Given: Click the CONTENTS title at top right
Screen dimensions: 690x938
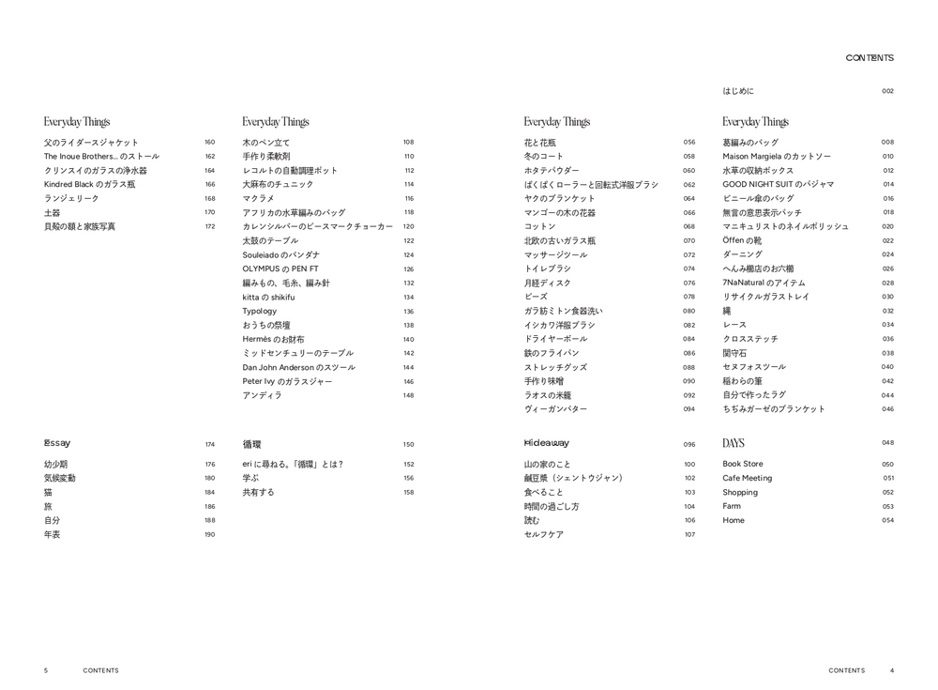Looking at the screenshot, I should (x=870, y=58).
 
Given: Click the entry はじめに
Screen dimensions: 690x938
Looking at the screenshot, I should (x=738, y=91).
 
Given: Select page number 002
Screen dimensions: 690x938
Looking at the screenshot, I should (x=887, y=91).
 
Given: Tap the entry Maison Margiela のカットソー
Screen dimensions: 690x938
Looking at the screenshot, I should (x=777, y=157).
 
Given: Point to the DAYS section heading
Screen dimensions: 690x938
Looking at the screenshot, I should (x=734, y=443).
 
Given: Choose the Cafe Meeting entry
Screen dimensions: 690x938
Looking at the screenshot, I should (x=748, y=478).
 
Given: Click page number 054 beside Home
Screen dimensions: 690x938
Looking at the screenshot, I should (x=887, y=520).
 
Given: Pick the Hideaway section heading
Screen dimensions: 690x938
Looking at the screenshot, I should (x=547, y=443).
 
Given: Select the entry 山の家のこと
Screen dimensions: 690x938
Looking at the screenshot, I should (x=547, y=464).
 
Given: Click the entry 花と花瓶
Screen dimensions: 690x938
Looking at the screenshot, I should (x=540, y=143).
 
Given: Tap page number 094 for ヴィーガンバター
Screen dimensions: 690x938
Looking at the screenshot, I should (x=689, y=409).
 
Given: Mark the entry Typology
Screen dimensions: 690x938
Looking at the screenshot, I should (x=260, y=311).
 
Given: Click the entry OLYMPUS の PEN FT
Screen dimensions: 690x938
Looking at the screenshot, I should (x=280, y=268).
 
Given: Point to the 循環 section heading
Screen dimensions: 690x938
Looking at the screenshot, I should (x=252, y=444).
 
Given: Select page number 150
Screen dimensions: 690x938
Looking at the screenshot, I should (x=408, y=444).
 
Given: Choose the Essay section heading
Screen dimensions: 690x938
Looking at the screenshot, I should (x=57, y=443).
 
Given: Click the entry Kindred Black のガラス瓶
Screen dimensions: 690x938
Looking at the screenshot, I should (x=90, y=184).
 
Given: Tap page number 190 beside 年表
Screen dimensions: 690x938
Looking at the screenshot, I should (x=210, y=534).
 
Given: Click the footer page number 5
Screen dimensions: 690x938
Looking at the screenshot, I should (x=45, y=670).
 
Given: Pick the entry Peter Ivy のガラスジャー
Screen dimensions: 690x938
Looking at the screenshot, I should (x=287, y=381).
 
